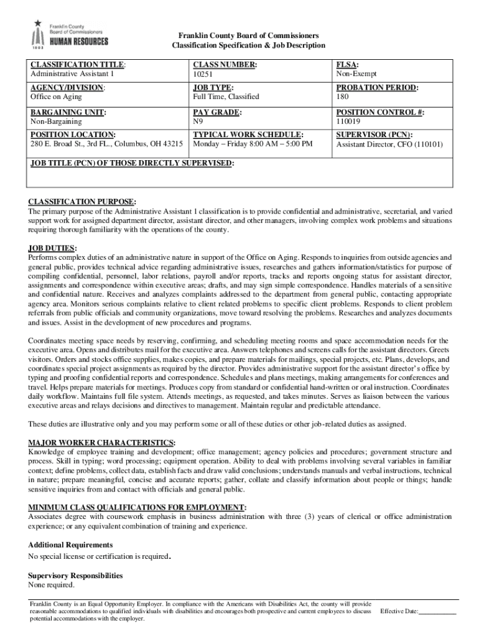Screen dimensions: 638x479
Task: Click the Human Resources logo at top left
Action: pos(70,36)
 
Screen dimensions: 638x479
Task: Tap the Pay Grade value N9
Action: pos(198,121)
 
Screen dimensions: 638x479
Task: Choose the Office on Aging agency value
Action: pos(56,97)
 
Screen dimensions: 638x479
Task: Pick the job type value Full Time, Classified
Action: pos(226,97)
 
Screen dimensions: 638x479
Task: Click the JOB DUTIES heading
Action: pos(52,247)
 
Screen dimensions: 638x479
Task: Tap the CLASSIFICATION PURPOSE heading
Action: pos(82,202)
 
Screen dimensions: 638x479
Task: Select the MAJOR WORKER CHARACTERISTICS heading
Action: pos(101,442)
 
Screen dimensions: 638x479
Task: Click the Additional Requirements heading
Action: pos(70,545)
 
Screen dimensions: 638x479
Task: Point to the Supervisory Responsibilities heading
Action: pos(75,576)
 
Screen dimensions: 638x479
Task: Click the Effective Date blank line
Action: pos(438,612)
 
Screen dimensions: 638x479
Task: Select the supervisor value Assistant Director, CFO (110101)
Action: pos(389,145)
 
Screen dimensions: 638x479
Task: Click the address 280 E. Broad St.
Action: pos(106,145)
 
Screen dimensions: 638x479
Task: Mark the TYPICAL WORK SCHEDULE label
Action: pos(248,135)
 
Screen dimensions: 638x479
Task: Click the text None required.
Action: pos(52,585)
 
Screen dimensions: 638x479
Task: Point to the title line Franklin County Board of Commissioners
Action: pos(248,36)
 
